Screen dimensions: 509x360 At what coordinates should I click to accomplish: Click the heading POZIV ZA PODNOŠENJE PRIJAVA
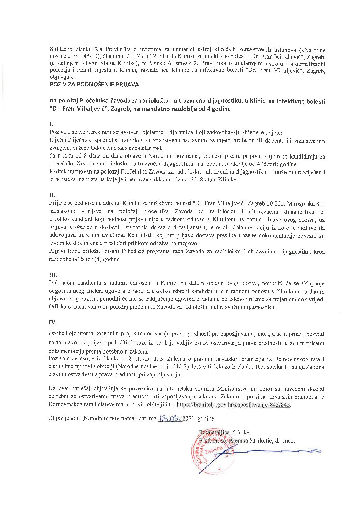(94, 84)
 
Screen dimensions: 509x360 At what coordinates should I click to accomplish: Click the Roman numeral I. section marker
(51, 124)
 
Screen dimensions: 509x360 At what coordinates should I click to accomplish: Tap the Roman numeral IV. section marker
(53, 322)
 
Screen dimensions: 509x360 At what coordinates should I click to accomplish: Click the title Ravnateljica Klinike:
(225, 433)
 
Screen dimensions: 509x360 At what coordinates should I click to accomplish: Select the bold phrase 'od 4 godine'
(216, 109)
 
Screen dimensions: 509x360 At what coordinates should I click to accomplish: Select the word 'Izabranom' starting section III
(62, 283)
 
